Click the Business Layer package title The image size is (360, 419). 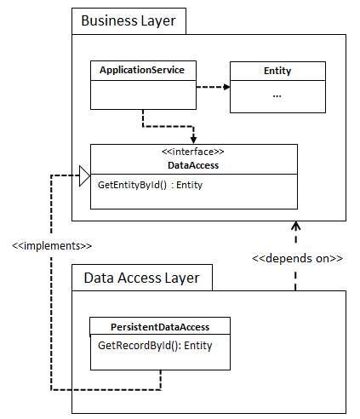[x=129, y=21]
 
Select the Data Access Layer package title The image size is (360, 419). [x=141, y=278]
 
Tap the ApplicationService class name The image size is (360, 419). [x=142, y=70]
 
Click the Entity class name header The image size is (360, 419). [x=277, y=71]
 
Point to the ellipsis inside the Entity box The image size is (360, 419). [x=277, y=96]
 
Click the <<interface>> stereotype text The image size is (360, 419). [x=193, y=152]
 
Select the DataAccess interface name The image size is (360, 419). [x=193, y=165]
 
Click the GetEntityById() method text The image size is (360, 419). [x=132, y=185]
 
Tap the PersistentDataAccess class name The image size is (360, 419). [x=160, y=327]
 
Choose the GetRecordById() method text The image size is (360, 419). [x=140, y=346]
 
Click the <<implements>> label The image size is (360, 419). [x=52, y=246]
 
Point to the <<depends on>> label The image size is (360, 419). [x=297, y=259]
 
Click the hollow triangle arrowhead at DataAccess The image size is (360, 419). [x=84, y=176]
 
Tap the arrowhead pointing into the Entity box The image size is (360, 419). [x=226, y=87]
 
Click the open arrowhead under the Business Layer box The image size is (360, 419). [x=295, y=226]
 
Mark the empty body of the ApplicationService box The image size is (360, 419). [x=143, y=95]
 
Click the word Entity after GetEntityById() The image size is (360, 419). [x=190, y=185]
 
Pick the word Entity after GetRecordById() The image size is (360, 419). [x=198, y=346]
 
